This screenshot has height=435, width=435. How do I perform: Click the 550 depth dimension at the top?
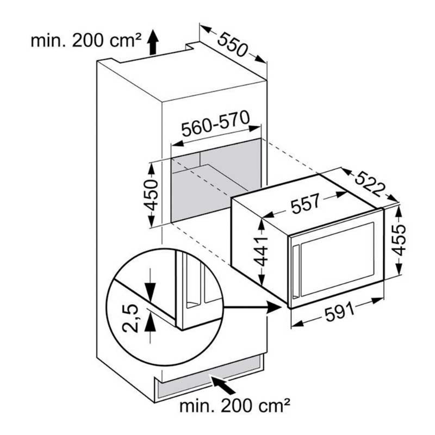(232, 45)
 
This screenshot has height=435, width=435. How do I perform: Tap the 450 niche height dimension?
(151, 195)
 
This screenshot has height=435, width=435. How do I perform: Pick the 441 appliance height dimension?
(261, 251)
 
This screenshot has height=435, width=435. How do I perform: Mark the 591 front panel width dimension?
(340, 312)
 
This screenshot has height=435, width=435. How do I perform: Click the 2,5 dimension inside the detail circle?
(130, 318)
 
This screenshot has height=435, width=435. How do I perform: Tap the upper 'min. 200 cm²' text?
(86, 41)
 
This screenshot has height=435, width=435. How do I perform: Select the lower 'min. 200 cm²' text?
(235, 406)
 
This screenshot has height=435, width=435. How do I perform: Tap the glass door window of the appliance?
(337, 259)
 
